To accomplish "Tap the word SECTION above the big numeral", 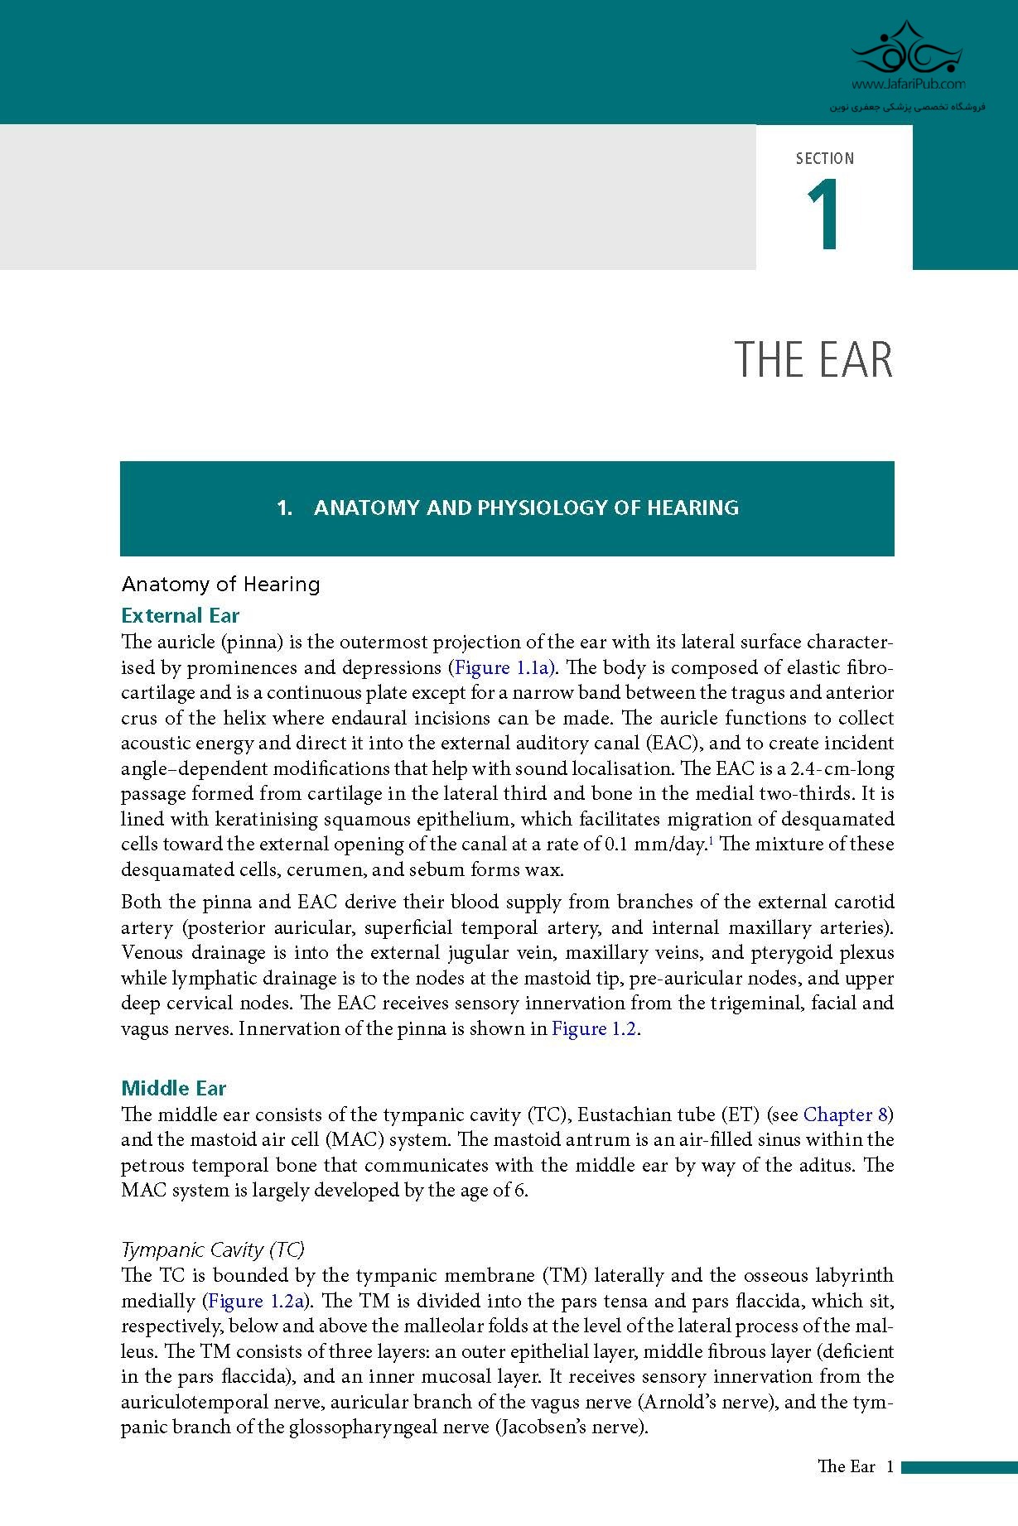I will point(824,158).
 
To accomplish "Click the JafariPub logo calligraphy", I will point(908,50).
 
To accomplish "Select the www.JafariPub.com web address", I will point(908,84).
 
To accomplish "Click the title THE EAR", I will point(813,360).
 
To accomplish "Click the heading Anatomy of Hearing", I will point(220,584).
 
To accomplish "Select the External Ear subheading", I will point(180,615).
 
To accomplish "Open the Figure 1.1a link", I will point(504,667).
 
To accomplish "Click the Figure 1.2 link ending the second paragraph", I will point(594,1028).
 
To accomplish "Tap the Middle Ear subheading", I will point(173,1088).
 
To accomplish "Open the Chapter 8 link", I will point(845,1114).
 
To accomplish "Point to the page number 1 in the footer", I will point(890,1466).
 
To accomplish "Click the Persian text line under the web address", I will point(908,107).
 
